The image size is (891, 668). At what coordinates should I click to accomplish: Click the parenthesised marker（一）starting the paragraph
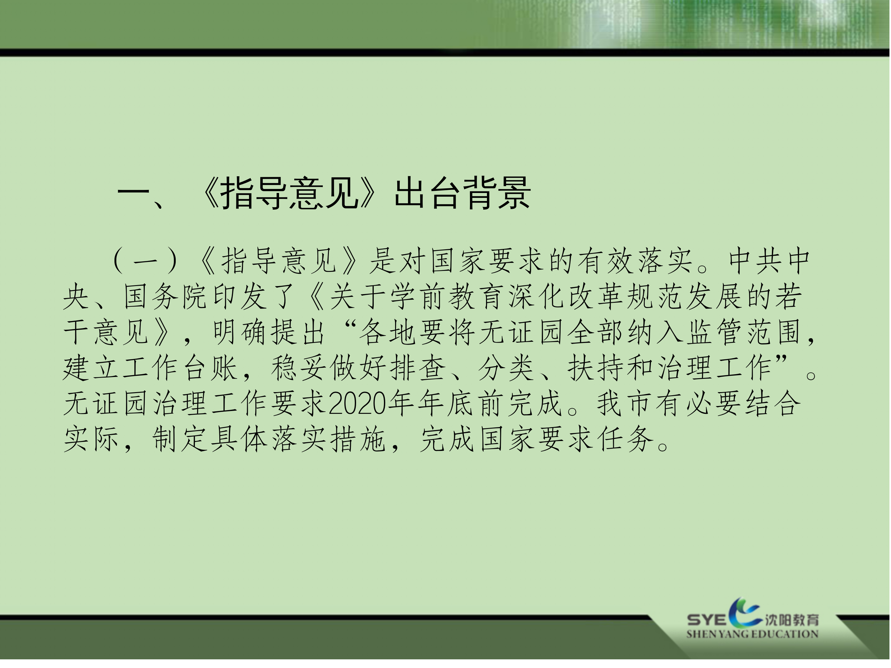[145, 261]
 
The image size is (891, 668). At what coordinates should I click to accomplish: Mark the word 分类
[506, 368]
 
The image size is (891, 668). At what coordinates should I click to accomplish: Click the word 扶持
[595, 368]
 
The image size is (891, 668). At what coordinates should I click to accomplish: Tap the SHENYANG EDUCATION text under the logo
[752, 634]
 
